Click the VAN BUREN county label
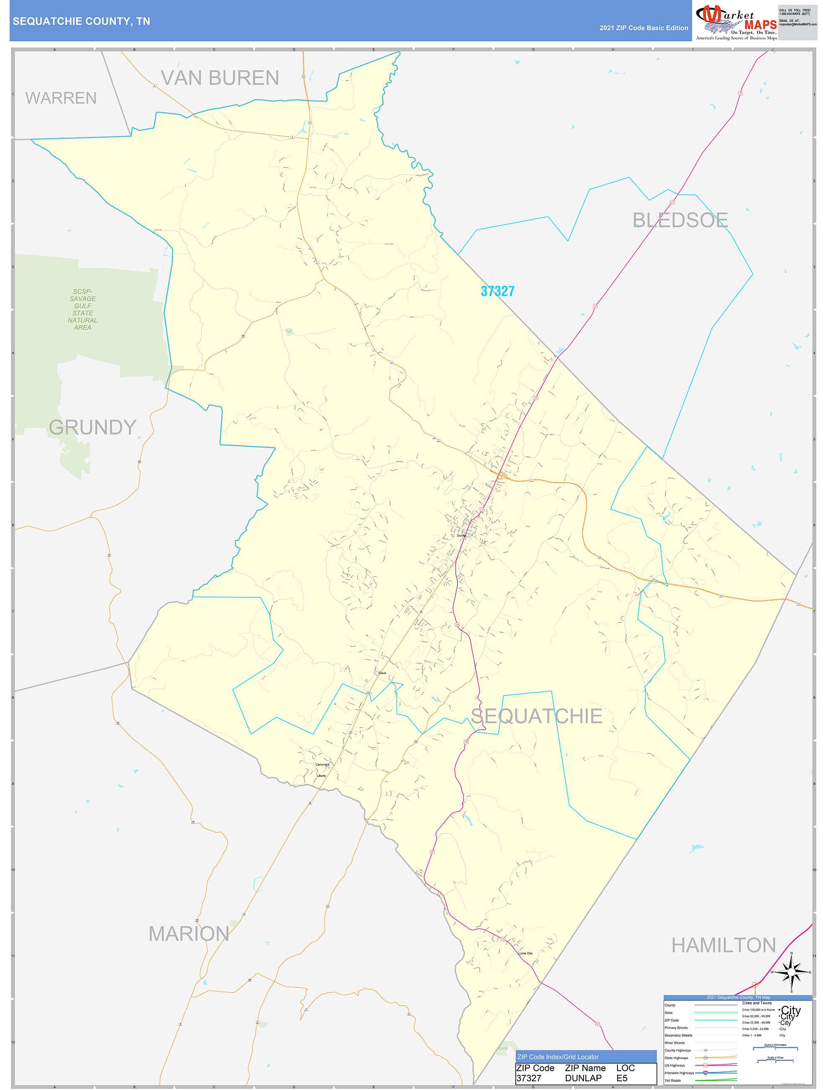pos(220,78)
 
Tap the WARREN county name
pos(61,98)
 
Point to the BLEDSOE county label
pos(680,220)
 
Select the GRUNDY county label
pos(92,427)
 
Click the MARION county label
pos(189,934)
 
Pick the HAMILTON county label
pos(724,945)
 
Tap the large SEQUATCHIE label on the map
pos(536,716)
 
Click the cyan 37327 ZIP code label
pos(497,291)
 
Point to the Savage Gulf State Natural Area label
pos(82,309)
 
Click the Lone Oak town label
pos(526,953)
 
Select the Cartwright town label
pos(322,765)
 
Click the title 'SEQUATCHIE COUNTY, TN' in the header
pos(81,21)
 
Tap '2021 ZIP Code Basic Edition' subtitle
pos(644,28)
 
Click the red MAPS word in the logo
pos(761,25)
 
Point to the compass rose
pos(791,972)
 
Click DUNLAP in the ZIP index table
pos(583,1078)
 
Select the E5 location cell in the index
pos(622,1078)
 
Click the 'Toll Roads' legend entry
pos(672,1081)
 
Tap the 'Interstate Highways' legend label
pos(679,1073)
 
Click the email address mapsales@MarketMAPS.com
pos(797,24)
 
